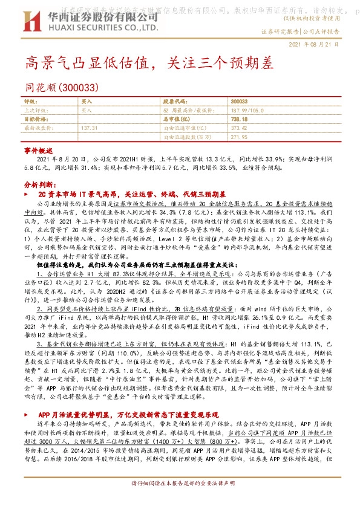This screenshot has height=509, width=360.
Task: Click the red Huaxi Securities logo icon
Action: click(30, 19)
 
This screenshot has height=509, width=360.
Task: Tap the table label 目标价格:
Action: click(35, 120)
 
